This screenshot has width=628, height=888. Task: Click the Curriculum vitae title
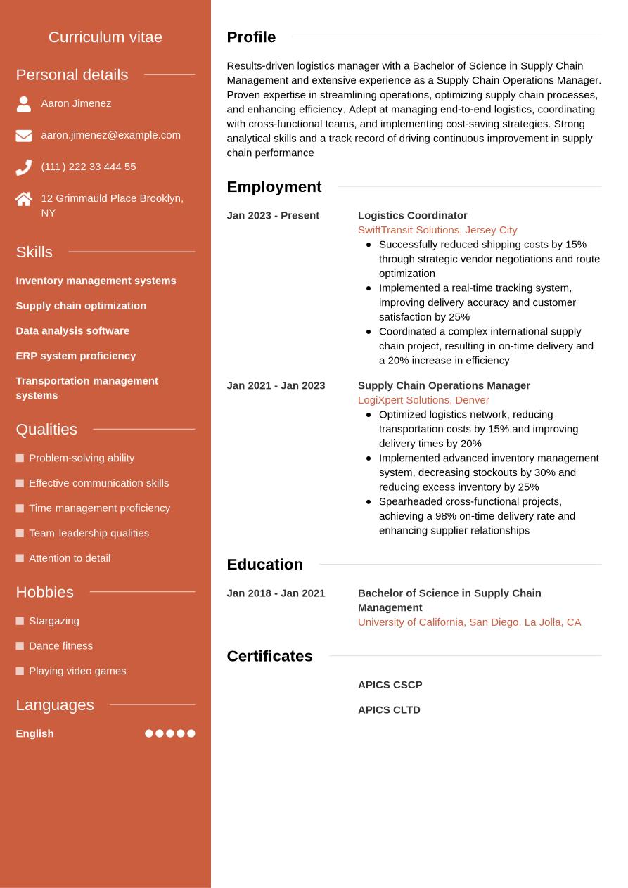point(105,37)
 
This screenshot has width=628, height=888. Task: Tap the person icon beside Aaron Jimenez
point(24,104)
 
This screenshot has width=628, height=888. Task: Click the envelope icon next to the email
point(24,136)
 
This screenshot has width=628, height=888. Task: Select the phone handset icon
point(24,167)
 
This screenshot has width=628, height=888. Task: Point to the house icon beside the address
point(24,199)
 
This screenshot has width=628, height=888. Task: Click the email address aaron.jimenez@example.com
point(110,135)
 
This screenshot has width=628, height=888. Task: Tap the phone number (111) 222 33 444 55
point(89,167)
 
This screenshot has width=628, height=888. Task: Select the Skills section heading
point(34,252)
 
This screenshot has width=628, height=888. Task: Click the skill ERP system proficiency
point(75,356)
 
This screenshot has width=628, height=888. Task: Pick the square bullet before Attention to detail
point(20,558)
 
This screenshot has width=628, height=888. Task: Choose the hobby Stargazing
point(53,621)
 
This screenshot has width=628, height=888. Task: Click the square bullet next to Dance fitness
point(20,646)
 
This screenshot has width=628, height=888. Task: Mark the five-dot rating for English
point(169,733)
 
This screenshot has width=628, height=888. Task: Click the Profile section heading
point(251,37)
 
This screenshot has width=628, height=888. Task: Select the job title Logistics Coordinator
point(412,215)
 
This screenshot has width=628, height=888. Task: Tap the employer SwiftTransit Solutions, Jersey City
point(437,230)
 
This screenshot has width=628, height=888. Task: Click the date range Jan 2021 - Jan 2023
point(276,385)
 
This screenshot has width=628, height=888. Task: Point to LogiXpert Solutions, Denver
point(423,400)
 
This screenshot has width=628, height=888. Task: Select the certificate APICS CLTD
point(389,710)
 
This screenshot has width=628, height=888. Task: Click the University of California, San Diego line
point(469,622)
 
